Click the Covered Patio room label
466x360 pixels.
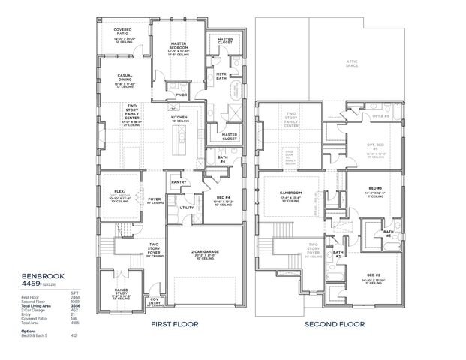coord(122,31)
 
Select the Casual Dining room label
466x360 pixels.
coord(125,77)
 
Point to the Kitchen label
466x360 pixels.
coord(179,118)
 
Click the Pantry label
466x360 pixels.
coord(179,181)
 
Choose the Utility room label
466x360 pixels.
coord(187,208)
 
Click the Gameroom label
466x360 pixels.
coord(290,193)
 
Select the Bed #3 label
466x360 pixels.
coord(376,187)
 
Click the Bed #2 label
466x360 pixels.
coord(374,274)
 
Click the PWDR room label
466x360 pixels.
coord(181,95)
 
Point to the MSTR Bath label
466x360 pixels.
coord(222,76)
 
